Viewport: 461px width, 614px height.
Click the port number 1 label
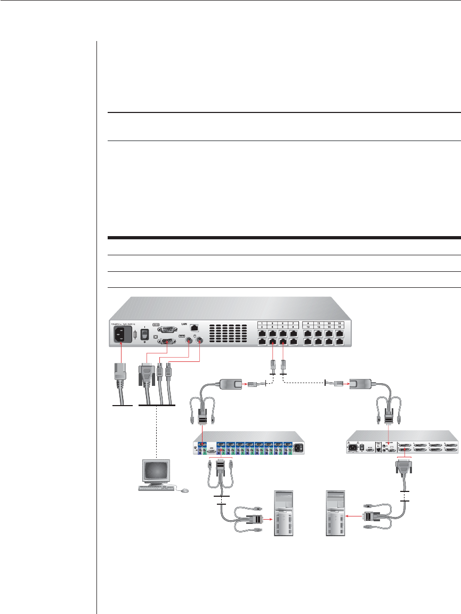(x=262, y=324)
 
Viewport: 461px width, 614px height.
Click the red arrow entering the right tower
(x=352, y=516)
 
